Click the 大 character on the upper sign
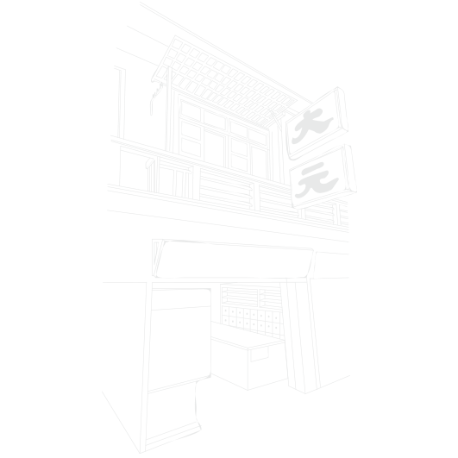point(311,127)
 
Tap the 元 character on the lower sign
point(317,180)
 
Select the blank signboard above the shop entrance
point(235,260)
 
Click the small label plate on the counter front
point(260,354)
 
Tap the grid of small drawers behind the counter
point(251,320)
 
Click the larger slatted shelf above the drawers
point(240,297)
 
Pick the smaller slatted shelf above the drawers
point(270,298)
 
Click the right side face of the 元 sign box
point(350,169)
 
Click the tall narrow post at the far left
point(122,103)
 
